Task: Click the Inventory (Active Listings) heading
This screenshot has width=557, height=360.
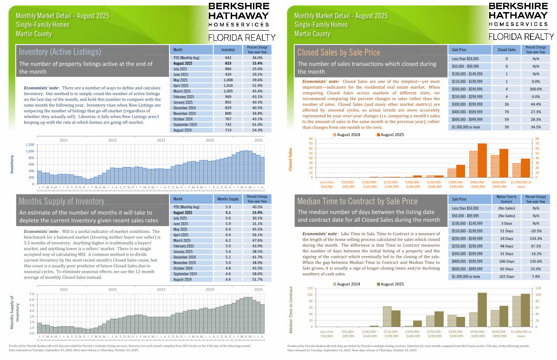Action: click(x=60, y=51)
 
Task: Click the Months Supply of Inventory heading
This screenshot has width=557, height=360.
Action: click(x=61, y=201)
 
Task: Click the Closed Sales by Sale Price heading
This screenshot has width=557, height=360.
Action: click(x=338, y=52)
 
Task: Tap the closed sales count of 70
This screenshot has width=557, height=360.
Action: click(x=506, y=118)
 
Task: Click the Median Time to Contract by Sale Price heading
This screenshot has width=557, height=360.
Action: click(x=357, y=201)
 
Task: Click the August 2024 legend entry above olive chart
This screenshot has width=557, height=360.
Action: click(x=346, y=284)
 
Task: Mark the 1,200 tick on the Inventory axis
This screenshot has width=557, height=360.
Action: click(x=29, y=145)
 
